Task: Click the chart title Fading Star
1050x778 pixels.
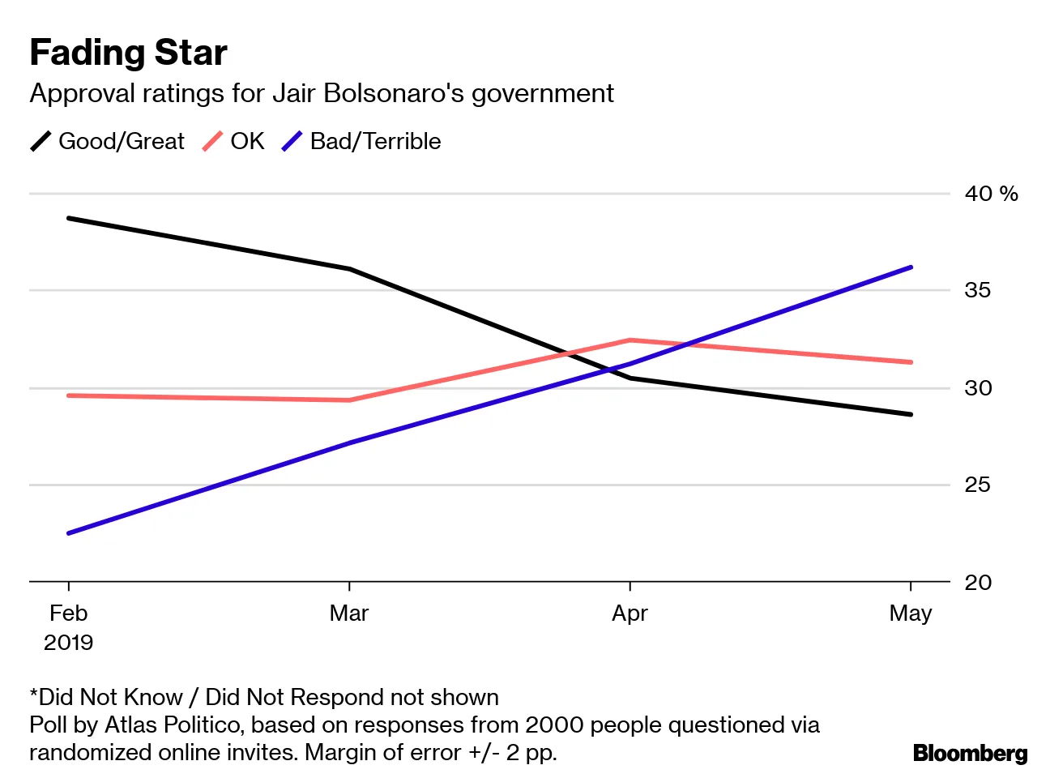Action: (128, 53)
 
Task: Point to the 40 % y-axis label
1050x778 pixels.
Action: (990, 194)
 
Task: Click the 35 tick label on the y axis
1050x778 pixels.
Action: (977, 290)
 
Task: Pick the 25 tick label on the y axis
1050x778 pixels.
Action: (977, 485)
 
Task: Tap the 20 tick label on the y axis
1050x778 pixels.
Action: (977, 582)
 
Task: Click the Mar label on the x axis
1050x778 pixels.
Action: (349, 613)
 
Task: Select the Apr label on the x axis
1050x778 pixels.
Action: (630, 613)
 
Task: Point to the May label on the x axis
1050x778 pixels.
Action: (910, 613)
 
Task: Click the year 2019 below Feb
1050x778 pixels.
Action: (68, 643)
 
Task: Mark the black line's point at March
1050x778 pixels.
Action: (349, 269)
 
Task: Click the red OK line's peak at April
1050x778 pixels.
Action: (630, 340)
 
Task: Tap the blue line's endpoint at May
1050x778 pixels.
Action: (911, 267)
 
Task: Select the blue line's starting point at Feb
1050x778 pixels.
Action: (69, 533)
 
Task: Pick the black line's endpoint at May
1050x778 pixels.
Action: (911, 414)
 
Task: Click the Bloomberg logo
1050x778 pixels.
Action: (970, 754)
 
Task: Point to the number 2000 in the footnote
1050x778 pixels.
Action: (552, 725)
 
